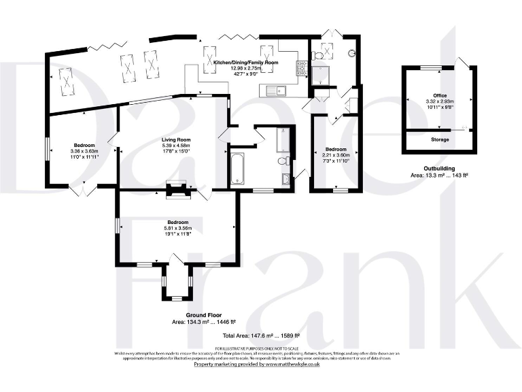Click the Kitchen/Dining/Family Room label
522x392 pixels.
[x=246, y=62]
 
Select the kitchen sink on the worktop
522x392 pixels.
[x=279, y=88]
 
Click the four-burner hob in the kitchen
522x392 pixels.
[x=299, y=67]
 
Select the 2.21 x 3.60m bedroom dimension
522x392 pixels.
[x=336, y=155]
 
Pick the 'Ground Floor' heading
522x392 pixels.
[x=203, y=316]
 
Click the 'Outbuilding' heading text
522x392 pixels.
[x=438, y=169]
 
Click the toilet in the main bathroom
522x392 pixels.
[x=286, y=161]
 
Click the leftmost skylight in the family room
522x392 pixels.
[x=67, y=79]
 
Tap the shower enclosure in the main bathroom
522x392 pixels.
[x=283, y=140]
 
